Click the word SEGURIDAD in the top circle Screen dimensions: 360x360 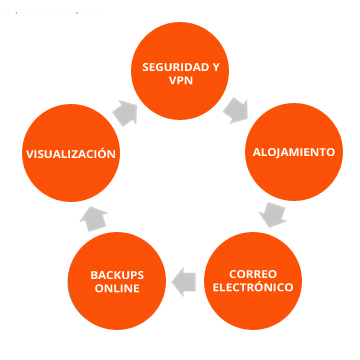tap(169, 67)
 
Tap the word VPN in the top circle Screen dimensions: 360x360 tap(181, 83)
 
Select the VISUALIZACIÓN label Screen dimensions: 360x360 tap(70, 154)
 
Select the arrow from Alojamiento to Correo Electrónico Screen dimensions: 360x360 tap(268, 213)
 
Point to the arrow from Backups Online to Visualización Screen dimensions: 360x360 tap(93, 213)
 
